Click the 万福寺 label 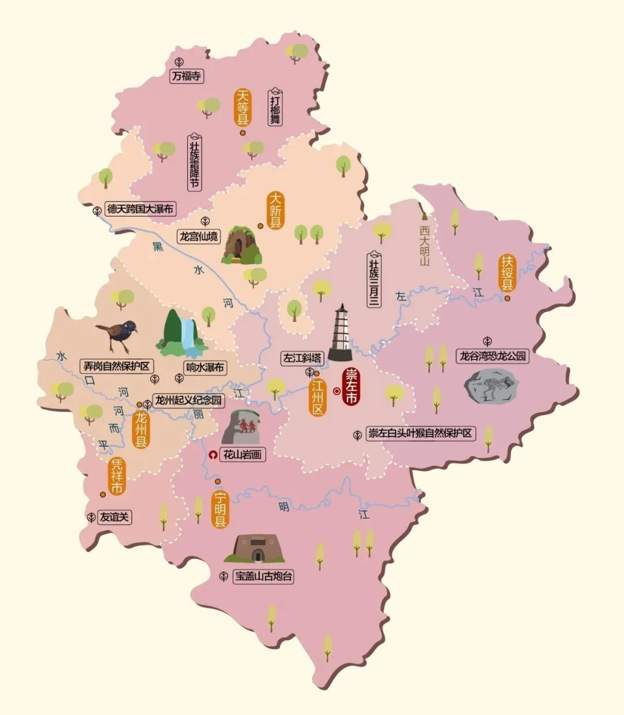pos(187,76)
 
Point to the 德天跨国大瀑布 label pos(140,209)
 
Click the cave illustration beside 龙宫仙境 pos(241,246)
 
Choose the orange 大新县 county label pos(276,210)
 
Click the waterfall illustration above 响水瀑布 pos(183,334)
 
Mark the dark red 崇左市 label pos(351,386)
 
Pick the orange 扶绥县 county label pos(507,273)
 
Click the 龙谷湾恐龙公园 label pos(493,356)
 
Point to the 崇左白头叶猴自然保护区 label pos(420,433)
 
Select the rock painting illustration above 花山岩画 pos(241,427)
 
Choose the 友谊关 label pos(114,517)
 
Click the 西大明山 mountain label pos(425,244)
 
